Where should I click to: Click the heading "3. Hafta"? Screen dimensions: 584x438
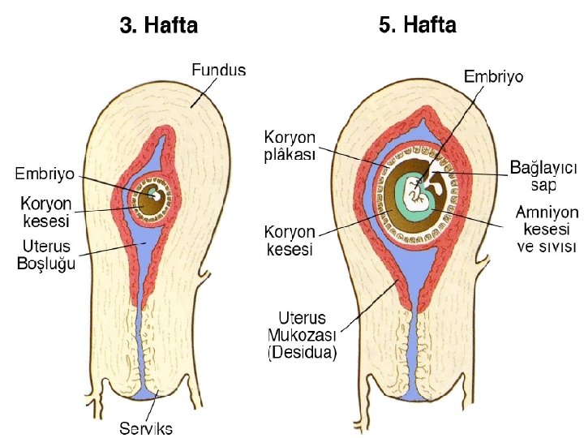(158, 26)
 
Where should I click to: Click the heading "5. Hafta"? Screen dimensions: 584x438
(418, 26)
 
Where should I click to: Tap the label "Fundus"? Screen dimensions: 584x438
(218, 71)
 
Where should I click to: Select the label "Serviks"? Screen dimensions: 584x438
(146, 428)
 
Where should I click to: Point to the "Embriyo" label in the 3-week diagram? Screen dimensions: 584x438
(45, 174)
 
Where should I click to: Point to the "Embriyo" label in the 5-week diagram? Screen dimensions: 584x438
(493, 76)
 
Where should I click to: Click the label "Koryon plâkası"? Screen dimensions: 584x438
(290, 144)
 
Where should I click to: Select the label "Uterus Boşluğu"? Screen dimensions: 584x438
(45, 255)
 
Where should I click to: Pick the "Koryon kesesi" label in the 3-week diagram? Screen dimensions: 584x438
(45, 211)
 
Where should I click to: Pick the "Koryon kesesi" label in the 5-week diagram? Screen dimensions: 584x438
(290, 241)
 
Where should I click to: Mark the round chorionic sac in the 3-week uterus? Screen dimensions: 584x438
(152, 197)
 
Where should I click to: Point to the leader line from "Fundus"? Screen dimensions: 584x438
(204, 88)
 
